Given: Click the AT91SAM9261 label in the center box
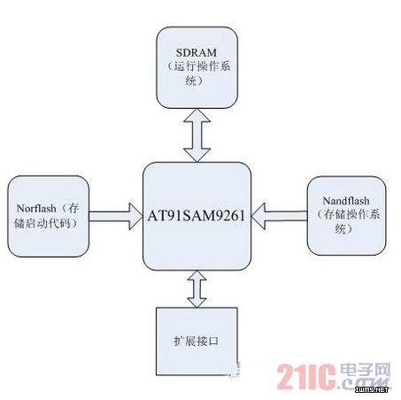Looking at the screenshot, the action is tap(197, 216).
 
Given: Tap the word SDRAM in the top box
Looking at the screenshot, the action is tap(197, 52).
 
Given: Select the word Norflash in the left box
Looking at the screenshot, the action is tap(36, 209).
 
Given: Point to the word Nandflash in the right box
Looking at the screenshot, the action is tap(346, 201).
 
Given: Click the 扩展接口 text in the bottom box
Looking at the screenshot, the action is tap(196, 341).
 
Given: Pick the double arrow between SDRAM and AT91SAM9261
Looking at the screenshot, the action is tap(197, 135).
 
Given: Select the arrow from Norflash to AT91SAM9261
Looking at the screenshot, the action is tap(115, 216).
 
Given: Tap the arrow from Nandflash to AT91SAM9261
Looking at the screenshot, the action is tap(279, 216).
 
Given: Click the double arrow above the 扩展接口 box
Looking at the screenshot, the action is tap(197, 289).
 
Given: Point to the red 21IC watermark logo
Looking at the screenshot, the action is tap(306, 377).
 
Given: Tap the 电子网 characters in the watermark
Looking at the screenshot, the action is tap(366, 370).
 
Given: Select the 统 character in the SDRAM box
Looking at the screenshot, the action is tap(191, 81).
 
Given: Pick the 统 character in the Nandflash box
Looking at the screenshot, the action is tap(340, 228).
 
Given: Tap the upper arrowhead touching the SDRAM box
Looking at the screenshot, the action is tap(197, 115).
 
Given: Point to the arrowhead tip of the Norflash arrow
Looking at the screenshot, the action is tap(142, 216).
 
